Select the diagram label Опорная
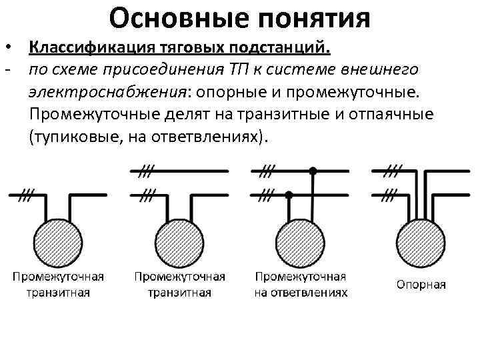tap(421, 285)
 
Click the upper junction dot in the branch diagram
tap(313, 171)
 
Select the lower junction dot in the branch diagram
tap(289, 195)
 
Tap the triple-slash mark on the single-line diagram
tap(27, 195)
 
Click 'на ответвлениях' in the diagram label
tap(300, 293)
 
